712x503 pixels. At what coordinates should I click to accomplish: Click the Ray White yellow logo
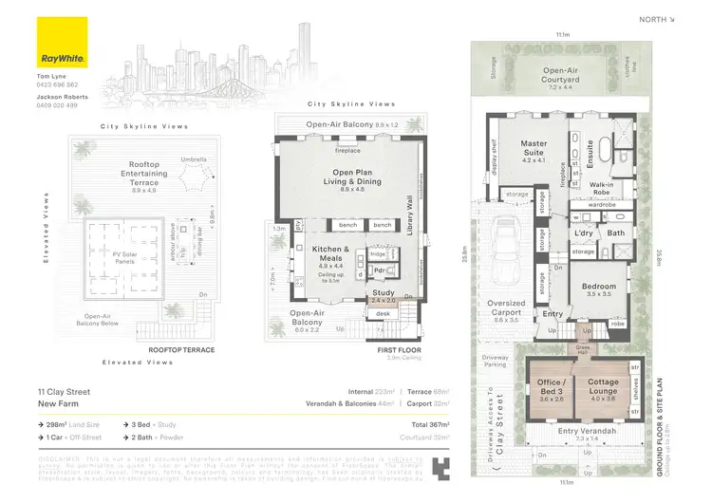click(x=62, y=41)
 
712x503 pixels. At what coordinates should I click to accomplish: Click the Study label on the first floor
click(x=383, y=293)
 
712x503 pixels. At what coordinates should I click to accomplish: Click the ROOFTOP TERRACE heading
click(x=181, y=350)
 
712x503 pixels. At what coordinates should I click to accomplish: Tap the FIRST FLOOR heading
click(x=395, y=350)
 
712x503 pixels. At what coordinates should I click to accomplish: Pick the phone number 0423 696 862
click(x=57, y=84)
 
